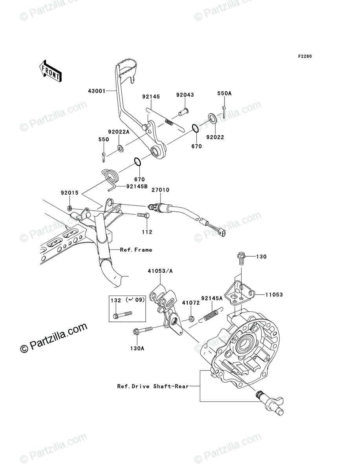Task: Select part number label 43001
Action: click(x=96, y=91)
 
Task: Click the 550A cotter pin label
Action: click(x=225, y=93)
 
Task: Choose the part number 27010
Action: click(x=161, y=190)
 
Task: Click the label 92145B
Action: click(x=137, y=187)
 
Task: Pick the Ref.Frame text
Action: click(x=136, y=250)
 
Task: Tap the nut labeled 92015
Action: click(x=69, y=207)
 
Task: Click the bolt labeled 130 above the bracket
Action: click(x=241, y=258)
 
